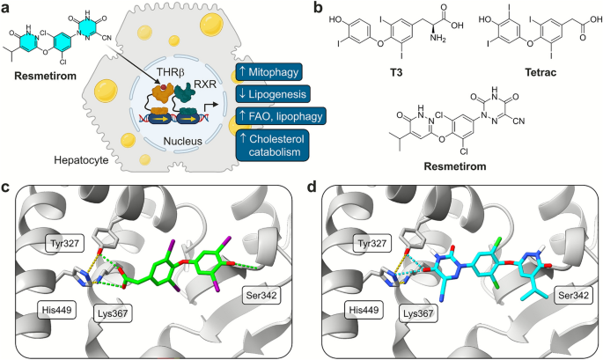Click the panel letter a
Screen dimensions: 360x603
(x=7, y=8)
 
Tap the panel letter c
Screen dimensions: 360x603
(x=7, y=189)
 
